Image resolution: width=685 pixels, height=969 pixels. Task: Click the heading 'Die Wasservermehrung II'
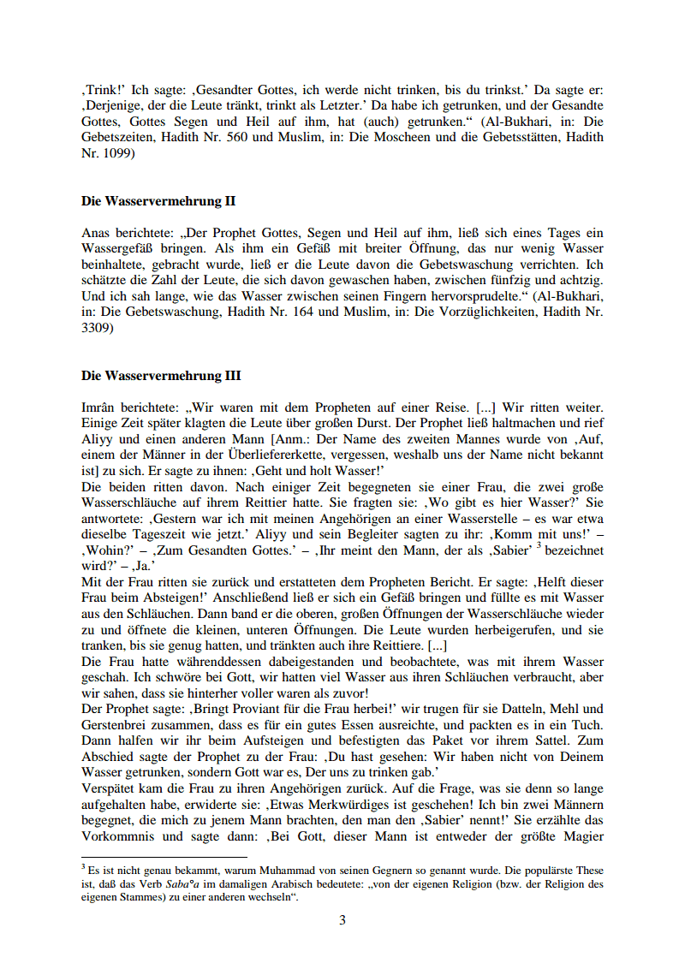click(x=158, y=202)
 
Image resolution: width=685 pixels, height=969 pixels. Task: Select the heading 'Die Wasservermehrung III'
click(x=161, y=376)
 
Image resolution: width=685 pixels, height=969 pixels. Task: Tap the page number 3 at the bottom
click(x=342, y=920)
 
